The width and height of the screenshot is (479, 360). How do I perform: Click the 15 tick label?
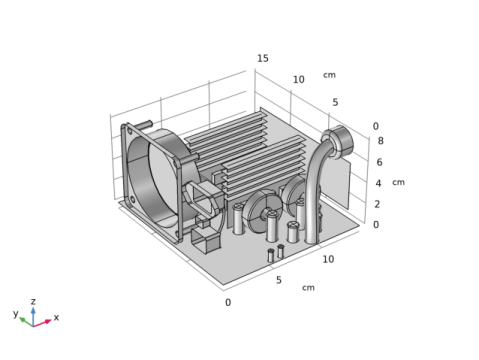(263, 58)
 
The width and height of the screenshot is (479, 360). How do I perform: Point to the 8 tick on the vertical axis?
(380, 141)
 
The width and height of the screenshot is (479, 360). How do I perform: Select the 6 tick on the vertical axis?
(379, 162)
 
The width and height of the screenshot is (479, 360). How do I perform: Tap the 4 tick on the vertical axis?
(378, 183)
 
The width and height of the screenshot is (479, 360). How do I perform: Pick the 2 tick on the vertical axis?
(377, 204)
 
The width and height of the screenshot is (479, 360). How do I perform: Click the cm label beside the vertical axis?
(398, 182)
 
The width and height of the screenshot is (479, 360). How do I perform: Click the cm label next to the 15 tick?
(329, 75)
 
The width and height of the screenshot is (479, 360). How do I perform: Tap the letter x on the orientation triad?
(56, 317)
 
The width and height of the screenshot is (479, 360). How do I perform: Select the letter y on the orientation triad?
(16, 313)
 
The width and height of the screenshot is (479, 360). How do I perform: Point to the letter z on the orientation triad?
(33, 302)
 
